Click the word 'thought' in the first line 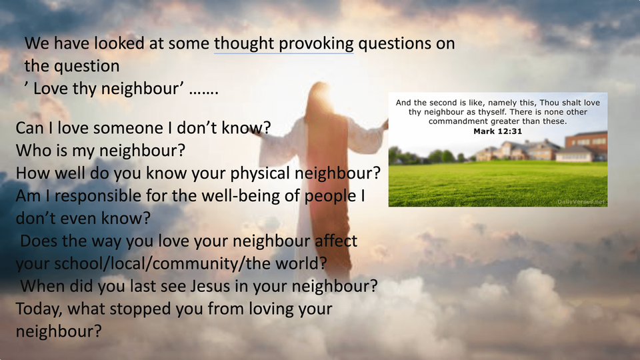244,44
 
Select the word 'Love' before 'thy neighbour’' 50,89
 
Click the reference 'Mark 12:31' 497,131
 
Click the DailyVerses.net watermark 581,201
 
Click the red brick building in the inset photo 586,141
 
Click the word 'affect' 336,241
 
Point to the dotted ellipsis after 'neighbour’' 204,92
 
